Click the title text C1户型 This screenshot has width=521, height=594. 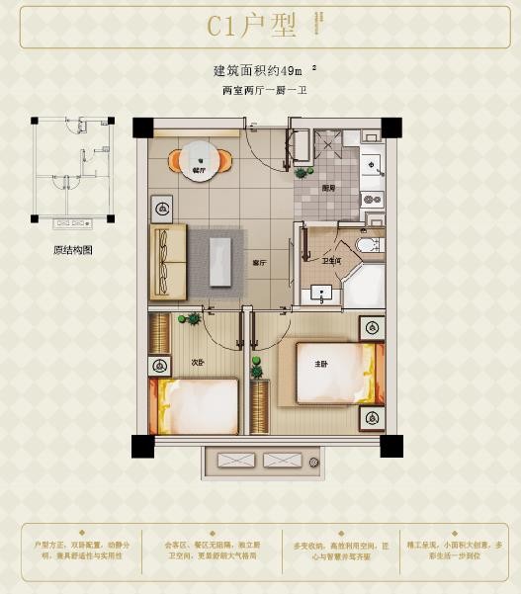click(251, 27)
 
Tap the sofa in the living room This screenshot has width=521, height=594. click(168, 261)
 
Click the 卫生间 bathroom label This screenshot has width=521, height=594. click(331, 261)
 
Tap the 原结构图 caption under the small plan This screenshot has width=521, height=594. click(72, 250)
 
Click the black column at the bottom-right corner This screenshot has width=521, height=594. click(391, 445)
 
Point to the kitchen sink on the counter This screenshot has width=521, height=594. click(374, 164)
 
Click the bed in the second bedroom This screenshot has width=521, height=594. click(195, 406)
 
